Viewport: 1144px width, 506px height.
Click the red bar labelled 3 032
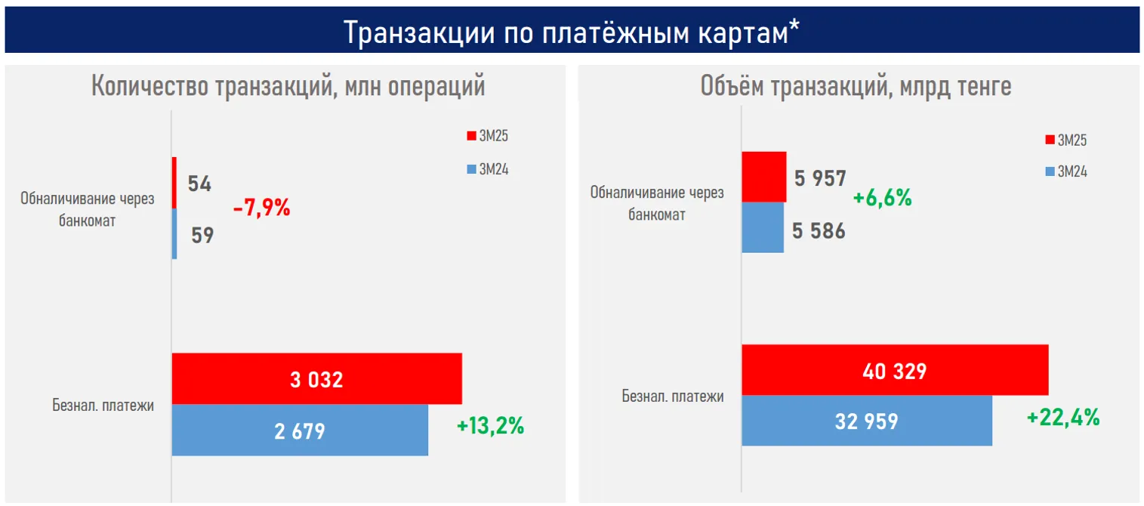316,378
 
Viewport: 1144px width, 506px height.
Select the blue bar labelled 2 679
300,430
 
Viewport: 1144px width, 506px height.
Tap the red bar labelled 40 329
895,370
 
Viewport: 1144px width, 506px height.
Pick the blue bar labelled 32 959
866,421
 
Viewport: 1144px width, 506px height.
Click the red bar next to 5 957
763,177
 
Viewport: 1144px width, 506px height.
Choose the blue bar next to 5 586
763,227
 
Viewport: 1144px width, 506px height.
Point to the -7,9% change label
261,208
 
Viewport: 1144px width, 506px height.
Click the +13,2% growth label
490,426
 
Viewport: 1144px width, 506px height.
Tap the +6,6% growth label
882,199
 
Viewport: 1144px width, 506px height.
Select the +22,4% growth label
1062,416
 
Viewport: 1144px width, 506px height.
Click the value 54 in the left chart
199,184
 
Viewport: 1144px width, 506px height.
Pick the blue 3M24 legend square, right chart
1050,172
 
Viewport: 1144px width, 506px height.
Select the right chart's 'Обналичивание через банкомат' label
656,203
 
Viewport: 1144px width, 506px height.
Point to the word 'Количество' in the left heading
148,87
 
